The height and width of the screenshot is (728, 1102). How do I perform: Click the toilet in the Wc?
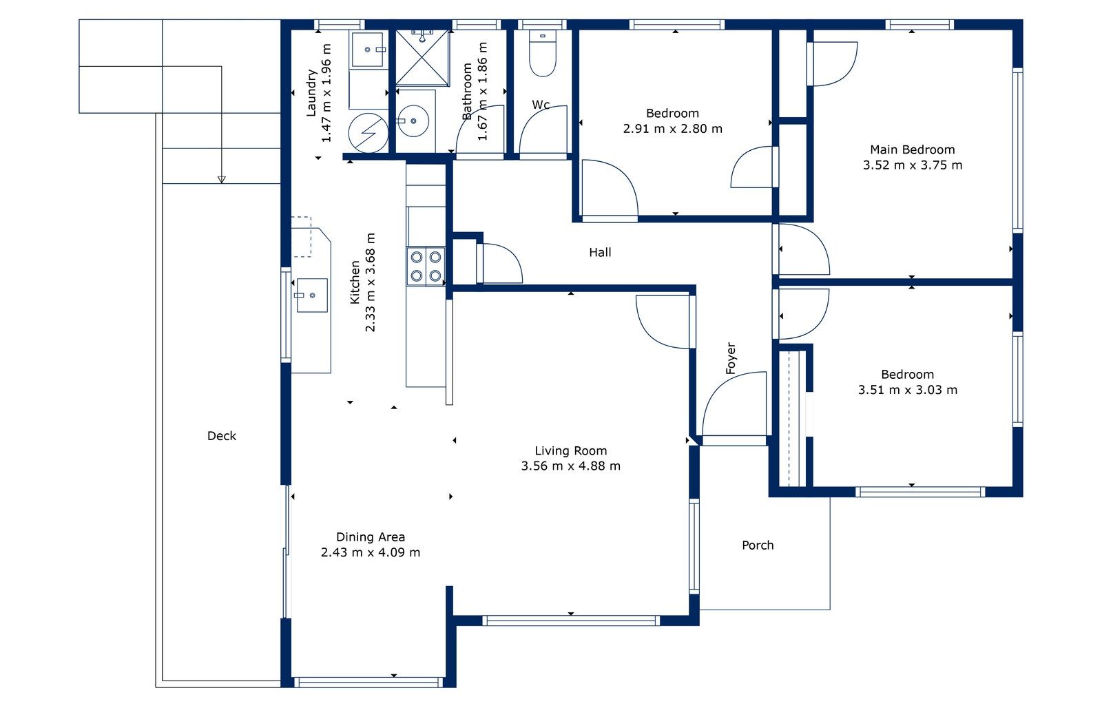(543, 53)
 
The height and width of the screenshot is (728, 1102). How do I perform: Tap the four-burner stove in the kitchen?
(426, 266)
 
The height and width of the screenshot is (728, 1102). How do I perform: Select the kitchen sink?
(312, 295)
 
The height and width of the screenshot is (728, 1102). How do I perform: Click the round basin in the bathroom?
(413, 121)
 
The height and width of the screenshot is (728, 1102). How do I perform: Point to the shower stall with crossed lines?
(423, 58)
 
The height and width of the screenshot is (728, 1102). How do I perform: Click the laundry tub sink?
(367, 50)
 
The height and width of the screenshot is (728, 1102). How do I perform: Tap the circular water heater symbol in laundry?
(368, 133)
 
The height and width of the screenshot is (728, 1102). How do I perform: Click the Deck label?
(221, 436)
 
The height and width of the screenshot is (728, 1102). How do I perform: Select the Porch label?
(758, 545)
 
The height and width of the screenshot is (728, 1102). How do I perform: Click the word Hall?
(600, 252)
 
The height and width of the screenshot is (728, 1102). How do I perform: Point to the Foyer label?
(731, 358)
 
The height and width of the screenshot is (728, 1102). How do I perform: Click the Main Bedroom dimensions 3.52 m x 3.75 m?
(913, 165)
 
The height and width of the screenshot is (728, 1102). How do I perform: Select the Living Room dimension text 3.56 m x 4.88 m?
(571, 466)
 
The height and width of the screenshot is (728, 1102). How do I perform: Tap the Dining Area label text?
(371, 537)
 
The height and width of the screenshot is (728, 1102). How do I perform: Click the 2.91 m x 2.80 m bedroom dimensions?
(672, 128)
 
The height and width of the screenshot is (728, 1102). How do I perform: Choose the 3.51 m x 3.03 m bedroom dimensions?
(908, 390)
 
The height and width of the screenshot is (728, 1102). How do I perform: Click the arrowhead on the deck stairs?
(221, 180)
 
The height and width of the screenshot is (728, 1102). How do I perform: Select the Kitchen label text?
(355, 282)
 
